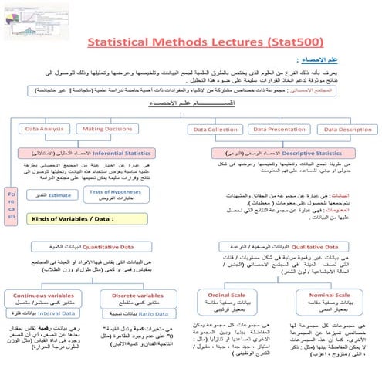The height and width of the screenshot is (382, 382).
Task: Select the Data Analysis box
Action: click(x=46, y=130)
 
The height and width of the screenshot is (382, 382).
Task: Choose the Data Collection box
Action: click(x=215, y=130)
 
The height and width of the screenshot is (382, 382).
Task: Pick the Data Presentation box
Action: click(x=280, y=130)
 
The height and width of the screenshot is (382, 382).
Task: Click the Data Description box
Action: click(x=343, y=130)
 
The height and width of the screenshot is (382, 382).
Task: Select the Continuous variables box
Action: click(x=46, y=298)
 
